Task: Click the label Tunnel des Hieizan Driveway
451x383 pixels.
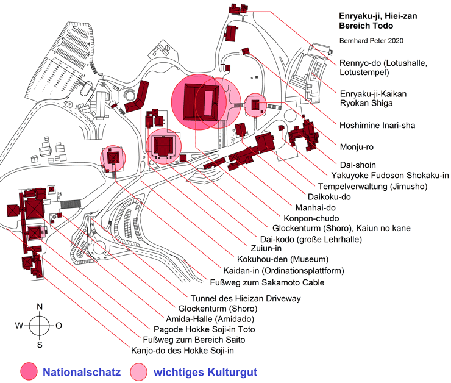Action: (246, 298)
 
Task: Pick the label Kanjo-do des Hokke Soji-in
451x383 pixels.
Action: (182, 351)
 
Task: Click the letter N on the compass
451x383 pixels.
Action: (40, 306)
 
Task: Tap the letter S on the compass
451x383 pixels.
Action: (40, 345)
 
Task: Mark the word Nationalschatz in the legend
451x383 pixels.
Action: (82, 371)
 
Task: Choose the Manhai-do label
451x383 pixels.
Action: (314, 207)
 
